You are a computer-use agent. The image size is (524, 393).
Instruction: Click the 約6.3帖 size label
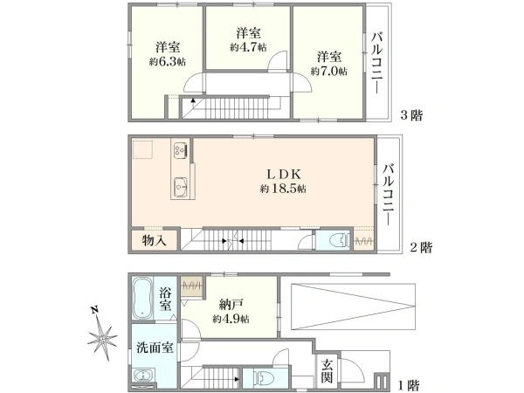(168, 62)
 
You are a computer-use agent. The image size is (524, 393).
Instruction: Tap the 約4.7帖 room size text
(248, 47)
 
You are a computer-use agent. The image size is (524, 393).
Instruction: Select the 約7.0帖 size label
(329, 72)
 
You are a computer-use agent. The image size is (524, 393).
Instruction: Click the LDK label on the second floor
(284, 174)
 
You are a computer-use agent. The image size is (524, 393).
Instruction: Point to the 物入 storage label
(154, 240)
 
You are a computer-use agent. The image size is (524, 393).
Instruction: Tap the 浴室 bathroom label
(165, 299)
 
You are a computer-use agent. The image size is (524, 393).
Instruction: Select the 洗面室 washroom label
(155, 348)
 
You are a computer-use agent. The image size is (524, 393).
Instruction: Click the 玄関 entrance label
(327, 371)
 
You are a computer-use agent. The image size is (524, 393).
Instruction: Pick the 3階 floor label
(411, 115)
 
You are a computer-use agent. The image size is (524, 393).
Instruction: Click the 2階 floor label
(421, 248)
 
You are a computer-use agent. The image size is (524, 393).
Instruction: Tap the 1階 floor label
(409, 386)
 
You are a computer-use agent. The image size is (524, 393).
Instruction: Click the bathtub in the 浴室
(142, 299)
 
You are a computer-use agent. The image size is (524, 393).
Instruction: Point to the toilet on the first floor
(264, 379)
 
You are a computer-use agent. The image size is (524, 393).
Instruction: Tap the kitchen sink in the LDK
(181, 187)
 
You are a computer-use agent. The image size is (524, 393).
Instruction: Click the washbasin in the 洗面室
(142, 376)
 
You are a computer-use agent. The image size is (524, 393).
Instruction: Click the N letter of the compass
(95, 310)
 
